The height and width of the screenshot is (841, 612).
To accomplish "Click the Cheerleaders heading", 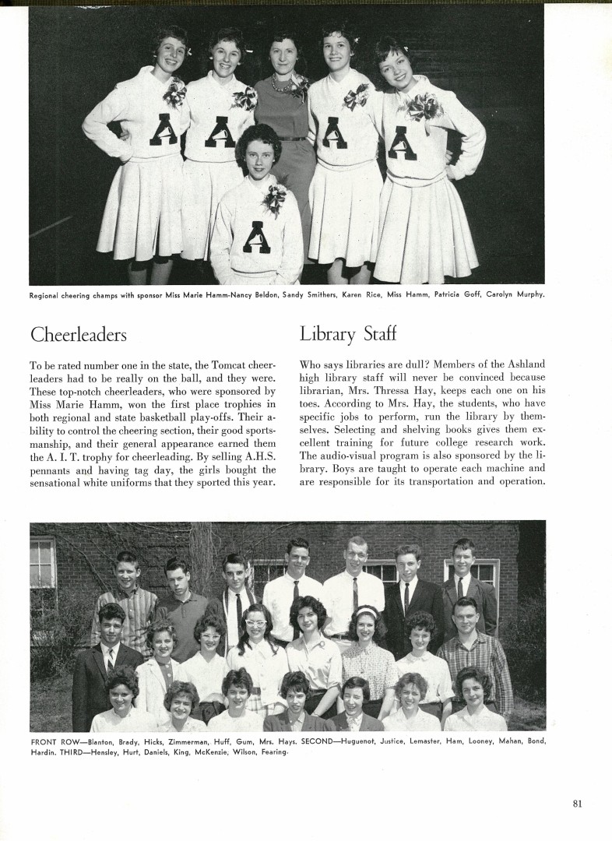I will coord(78,335).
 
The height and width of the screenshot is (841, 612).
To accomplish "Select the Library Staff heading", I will coord(347,335).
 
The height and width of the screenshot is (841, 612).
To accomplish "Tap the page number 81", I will coord(576,804).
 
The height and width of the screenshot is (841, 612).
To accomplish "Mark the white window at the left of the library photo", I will coord(42,562).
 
